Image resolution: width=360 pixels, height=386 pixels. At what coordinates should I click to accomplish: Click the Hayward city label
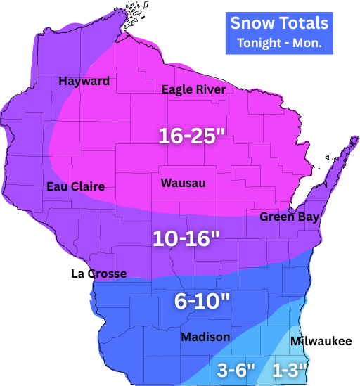tap(84, 81)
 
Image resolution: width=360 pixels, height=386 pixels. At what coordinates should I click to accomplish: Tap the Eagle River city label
tap(193, 89)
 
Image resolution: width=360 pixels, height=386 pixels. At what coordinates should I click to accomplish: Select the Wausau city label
tap(183, 183)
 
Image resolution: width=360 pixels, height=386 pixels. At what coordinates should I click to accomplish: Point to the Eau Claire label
tap(75, 186)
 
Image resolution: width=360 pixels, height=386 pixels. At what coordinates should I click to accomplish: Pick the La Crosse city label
tap(99, 274)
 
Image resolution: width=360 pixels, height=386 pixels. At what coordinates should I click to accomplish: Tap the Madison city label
tap(205, 337)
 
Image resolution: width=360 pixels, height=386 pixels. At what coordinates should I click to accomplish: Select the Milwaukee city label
tap(321, 341)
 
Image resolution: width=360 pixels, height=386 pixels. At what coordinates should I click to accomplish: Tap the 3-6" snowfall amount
tap(236, 369)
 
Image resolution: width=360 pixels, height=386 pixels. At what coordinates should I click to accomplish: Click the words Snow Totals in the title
tap(279, 23)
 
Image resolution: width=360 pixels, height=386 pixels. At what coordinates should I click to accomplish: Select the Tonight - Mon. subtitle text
tap(279, 42)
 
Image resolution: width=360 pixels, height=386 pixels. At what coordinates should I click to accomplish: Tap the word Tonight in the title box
tap(259, 42)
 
